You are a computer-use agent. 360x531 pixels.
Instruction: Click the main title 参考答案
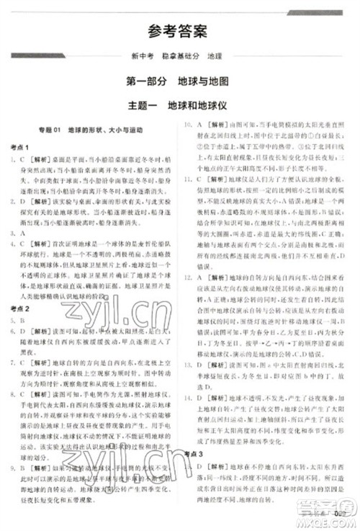180,31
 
